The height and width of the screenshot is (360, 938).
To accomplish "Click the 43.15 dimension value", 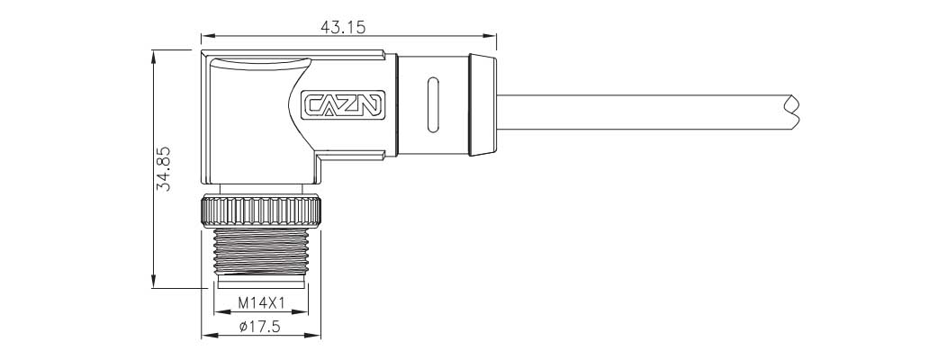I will [x=343, y=27].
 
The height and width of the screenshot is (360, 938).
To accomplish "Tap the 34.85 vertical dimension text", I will [x=163, y=169].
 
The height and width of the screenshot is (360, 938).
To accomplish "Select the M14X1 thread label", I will [x=261, y=302].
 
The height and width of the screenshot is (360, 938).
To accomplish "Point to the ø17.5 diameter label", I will [x=261, y=327].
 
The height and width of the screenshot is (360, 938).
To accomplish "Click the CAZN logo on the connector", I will [x=342, y=104].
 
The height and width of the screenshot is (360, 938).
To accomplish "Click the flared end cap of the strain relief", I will [x=483, y=104].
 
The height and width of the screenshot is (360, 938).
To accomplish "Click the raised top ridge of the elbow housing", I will [x=257, y=62].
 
